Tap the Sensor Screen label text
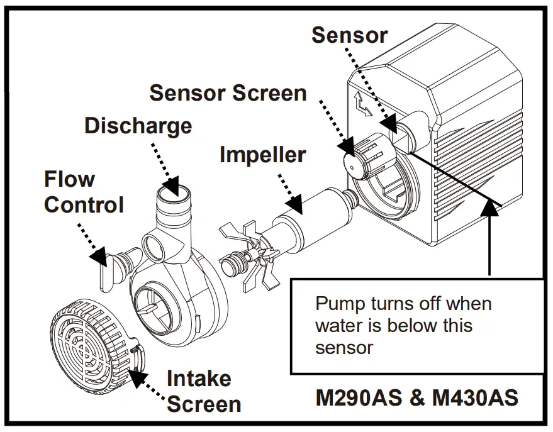pos(228,93)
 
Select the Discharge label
pos(138,126)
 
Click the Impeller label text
pos(262,154)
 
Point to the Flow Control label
pos(84,192)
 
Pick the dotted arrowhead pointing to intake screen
pos(136,377)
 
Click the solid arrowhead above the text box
pos(491,211)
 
